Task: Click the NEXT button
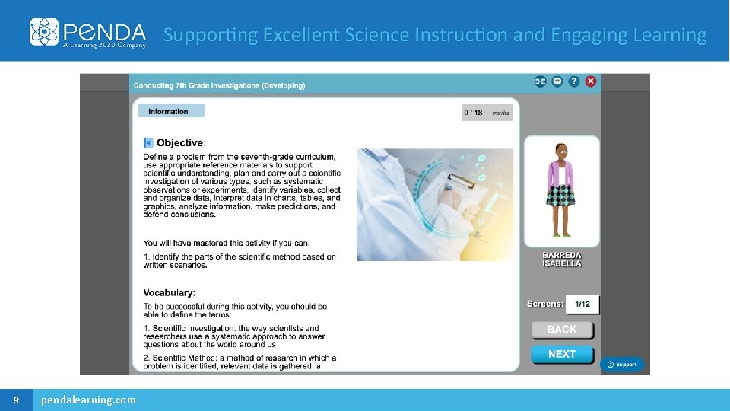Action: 561,354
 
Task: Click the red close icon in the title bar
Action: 591,81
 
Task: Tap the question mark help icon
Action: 574,81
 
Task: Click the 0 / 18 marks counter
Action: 487,113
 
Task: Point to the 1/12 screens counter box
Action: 582,304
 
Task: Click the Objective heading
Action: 181,142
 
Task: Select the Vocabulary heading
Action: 170,292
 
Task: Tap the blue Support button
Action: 622,365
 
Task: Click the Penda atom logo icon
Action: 44,32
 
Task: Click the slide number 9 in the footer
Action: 16,400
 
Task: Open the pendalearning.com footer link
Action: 89,400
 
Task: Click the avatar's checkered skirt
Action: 561,195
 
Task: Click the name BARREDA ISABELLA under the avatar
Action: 562,260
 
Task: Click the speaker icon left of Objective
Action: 148,142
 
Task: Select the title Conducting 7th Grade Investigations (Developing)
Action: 219,85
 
